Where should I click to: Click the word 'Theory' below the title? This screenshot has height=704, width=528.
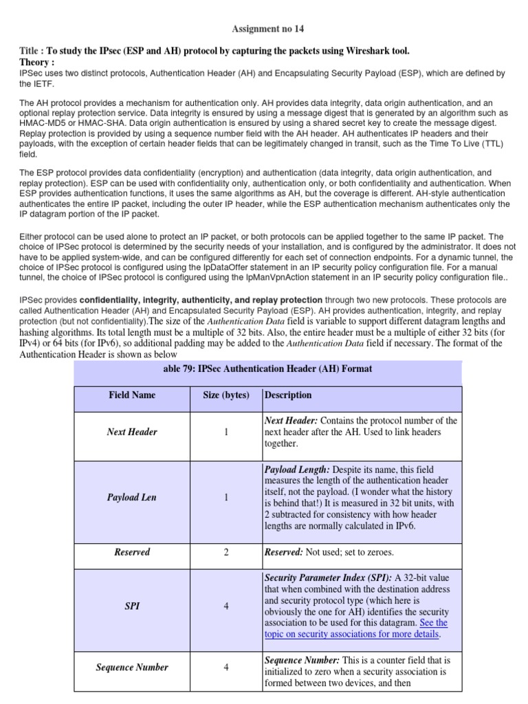[x=37, y=62]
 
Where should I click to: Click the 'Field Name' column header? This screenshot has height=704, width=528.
[x=132, y=395]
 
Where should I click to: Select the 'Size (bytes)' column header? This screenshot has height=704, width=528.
[x=226, y=395]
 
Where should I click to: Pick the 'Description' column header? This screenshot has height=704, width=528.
[x=288, y=395]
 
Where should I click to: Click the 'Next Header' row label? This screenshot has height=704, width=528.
[x=132, y=432]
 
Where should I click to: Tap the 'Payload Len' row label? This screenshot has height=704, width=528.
[x=132, y=497]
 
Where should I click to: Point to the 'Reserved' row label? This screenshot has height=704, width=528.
[x=132, y=552]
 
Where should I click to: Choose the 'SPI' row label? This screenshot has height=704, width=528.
[x=132, y=606]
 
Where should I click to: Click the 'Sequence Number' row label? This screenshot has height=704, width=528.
[x=132, y=667]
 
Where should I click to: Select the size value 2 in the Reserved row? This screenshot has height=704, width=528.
[x=226, y=552]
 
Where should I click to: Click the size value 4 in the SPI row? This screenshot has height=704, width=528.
[x=226, y=606]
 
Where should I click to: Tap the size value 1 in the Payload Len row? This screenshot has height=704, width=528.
[x=226, y=497]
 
